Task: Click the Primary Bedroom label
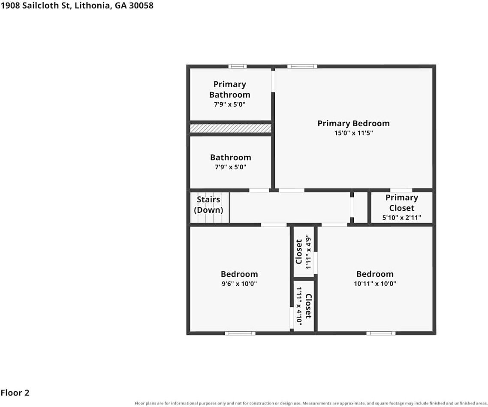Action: [x=353, y=123]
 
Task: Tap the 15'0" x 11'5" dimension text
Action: [x=353, y=133]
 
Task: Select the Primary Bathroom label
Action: [x=230, y=89]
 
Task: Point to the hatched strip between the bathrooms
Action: [x=231, y=128]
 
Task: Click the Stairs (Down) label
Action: [x=208, y=205]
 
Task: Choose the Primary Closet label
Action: [x=401, y=202]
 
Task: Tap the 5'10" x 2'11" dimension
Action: [x=401, y=217]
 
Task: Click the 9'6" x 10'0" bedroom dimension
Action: [x=239, y=284]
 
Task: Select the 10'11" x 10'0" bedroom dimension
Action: [x=375, y=284]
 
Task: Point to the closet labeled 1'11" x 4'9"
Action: [x=304, y=252]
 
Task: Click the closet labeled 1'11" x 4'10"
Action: [x=304, y=306]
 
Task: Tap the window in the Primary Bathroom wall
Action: [x=238, y=66]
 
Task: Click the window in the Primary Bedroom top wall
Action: [x=302, y=66]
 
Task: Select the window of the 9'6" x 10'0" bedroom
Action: [x=240, y=333]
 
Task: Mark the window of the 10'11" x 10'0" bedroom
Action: [x=381, y=333]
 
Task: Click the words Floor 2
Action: [x=15, y=393]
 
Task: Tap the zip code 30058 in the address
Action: [x=141, y=6]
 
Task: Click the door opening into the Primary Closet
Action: [x=401, y=190]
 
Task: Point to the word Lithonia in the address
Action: [x=93, y=6]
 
